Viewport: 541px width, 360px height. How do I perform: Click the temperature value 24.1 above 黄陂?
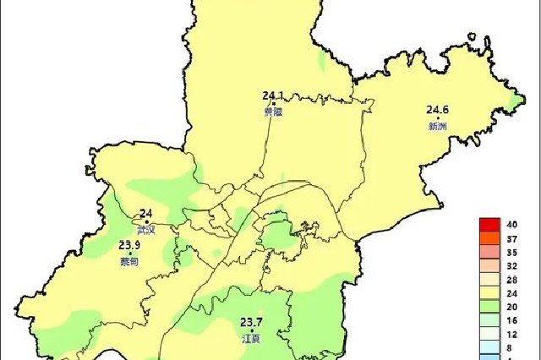(274, 95)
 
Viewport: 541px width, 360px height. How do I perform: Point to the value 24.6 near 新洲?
(438, 109)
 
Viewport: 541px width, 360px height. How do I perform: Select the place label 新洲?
(437, 127)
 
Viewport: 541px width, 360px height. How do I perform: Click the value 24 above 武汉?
(146, 214)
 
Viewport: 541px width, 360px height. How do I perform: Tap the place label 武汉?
(146, 230)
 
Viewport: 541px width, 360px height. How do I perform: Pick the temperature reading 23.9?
(128, 246)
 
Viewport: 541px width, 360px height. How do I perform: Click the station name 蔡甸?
(128, 262)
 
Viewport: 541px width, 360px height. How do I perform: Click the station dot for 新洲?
(438, 118)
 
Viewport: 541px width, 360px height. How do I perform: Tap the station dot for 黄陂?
(274, 104)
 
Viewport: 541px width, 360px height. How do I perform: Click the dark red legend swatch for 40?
(489, 225)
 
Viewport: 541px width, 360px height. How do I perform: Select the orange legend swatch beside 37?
(489, 238)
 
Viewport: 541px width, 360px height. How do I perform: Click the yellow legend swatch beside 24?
(489, 293)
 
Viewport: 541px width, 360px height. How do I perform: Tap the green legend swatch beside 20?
(489, 307)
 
